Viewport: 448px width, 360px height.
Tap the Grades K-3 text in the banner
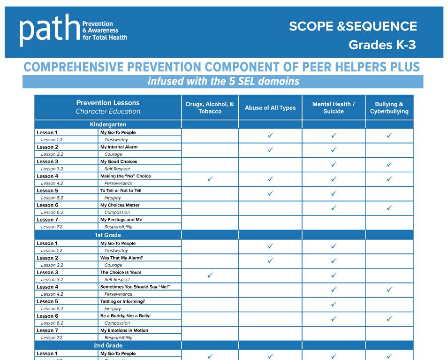[x=382, y=45]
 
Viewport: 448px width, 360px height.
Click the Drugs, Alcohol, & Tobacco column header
[x=210, y=107]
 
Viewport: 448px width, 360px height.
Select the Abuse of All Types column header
[x=270, y=107]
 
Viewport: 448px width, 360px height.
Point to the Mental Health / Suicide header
[x=334, y=107]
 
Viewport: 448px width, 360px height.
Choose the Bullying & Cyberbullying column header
[x=389, y=107]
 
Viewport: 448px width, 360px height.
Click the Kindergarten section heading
[x=108, y=124]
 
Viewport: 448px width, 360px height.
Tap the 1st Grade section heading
[x=108, y=235]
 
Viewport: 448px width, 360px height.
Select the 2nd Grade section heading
[x=108, y=345]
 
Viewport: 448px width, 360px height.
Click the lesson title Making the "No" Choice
[x=125, y=176]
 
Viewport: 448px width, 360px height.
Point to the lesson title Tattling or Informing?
[x=122, y=301]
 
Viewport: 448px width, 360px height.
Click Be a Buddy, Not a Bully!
[x=125, y=316]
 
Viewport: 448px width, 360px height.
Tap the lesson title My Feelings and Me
[x=121, y=220]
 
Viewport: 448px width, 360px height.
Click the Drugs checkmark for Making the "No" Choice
[x=210, y=179]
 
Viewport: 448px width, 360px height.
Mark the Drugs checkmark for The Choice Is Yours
[x=210, y=276]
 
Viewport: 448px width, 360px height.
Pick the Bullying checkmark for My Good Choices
[x=389, y=164]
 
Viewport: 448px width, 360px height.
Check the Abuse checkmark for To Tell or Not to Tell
[x=270, y=193]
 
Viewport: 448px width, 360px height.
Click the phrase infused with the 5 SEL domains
[x=223, y=81]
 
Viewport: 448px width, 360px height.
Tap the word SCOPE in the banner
[x=311, y=26]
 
